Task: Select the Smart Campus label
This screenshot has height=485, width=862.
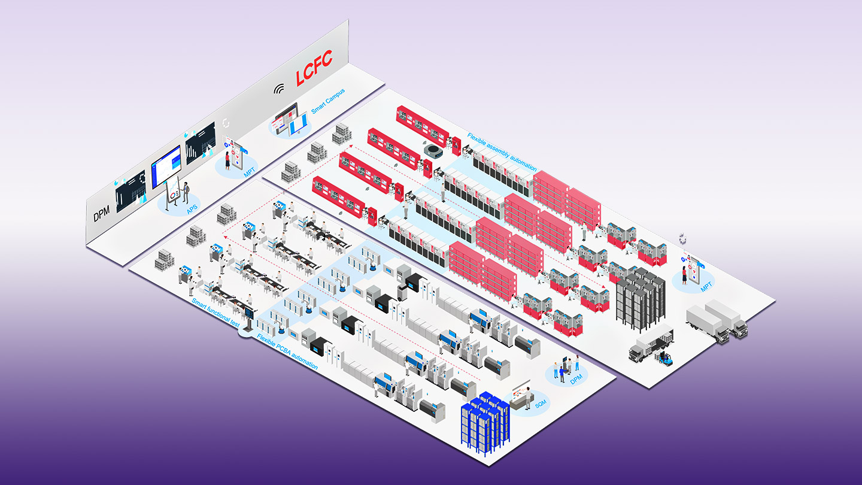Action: pyautogui.click(x=327, y=102)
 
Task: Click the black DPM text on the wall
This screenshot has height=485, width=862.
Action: pyautogui.click(x=102, y=214)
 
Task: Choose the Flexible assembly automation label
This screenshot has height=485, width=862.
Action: pyautogui.click(x=502, y=151)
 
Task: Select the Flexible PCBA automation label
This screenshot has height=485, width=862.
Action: pyautogui.click(x=287, y=354)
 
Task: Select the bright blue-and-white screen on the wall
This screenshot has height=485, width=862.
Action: pyautogui.click(x=166, y=166)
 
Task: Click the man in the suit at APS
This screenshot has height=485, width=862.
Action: pyautogui.click(x=186, y=192)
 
